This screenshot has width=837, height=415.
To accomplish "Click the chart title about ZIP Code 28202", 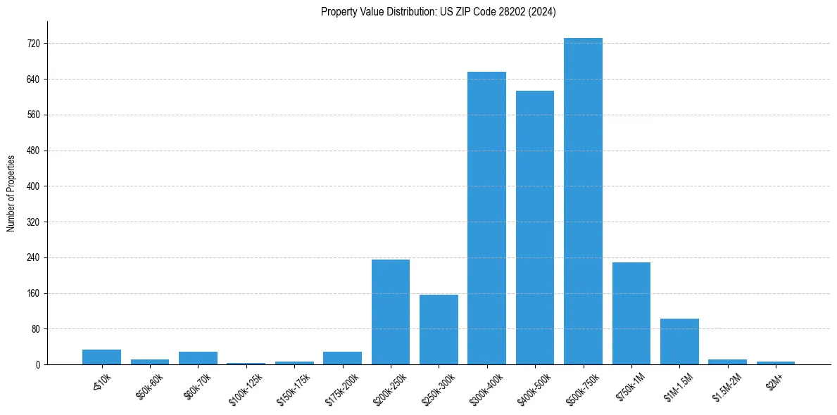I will click(x=438, y=12).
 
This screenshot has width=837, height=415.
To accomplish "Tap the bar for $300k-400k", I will click(x=486, y=218).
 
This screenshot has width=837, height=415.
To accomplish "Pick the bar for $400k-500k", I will click(x=535, y=228).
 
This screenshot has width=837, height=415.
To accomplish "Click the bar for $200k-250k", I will click(x=391, y=312).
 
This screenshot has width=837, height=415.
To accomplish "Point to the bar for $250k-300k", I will click(x=439, y=329).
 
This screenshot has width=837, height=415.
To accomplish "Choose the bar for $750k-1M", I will click(x=631, y=314).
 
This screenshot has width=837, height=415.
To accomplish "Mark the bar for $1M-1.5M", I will click(x=679, y=342).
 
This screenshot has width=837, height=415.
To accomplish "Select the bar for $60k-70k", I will click(x=198, y=358).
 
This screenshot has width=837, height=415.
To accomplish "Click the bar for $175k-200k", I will click(x=342, y=358).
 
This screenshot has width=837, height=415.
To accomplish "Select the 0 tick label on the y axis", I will click(x=38, y=365).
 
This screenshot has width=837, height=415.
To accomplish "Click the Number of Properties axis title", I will click(x=11, y=193).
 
